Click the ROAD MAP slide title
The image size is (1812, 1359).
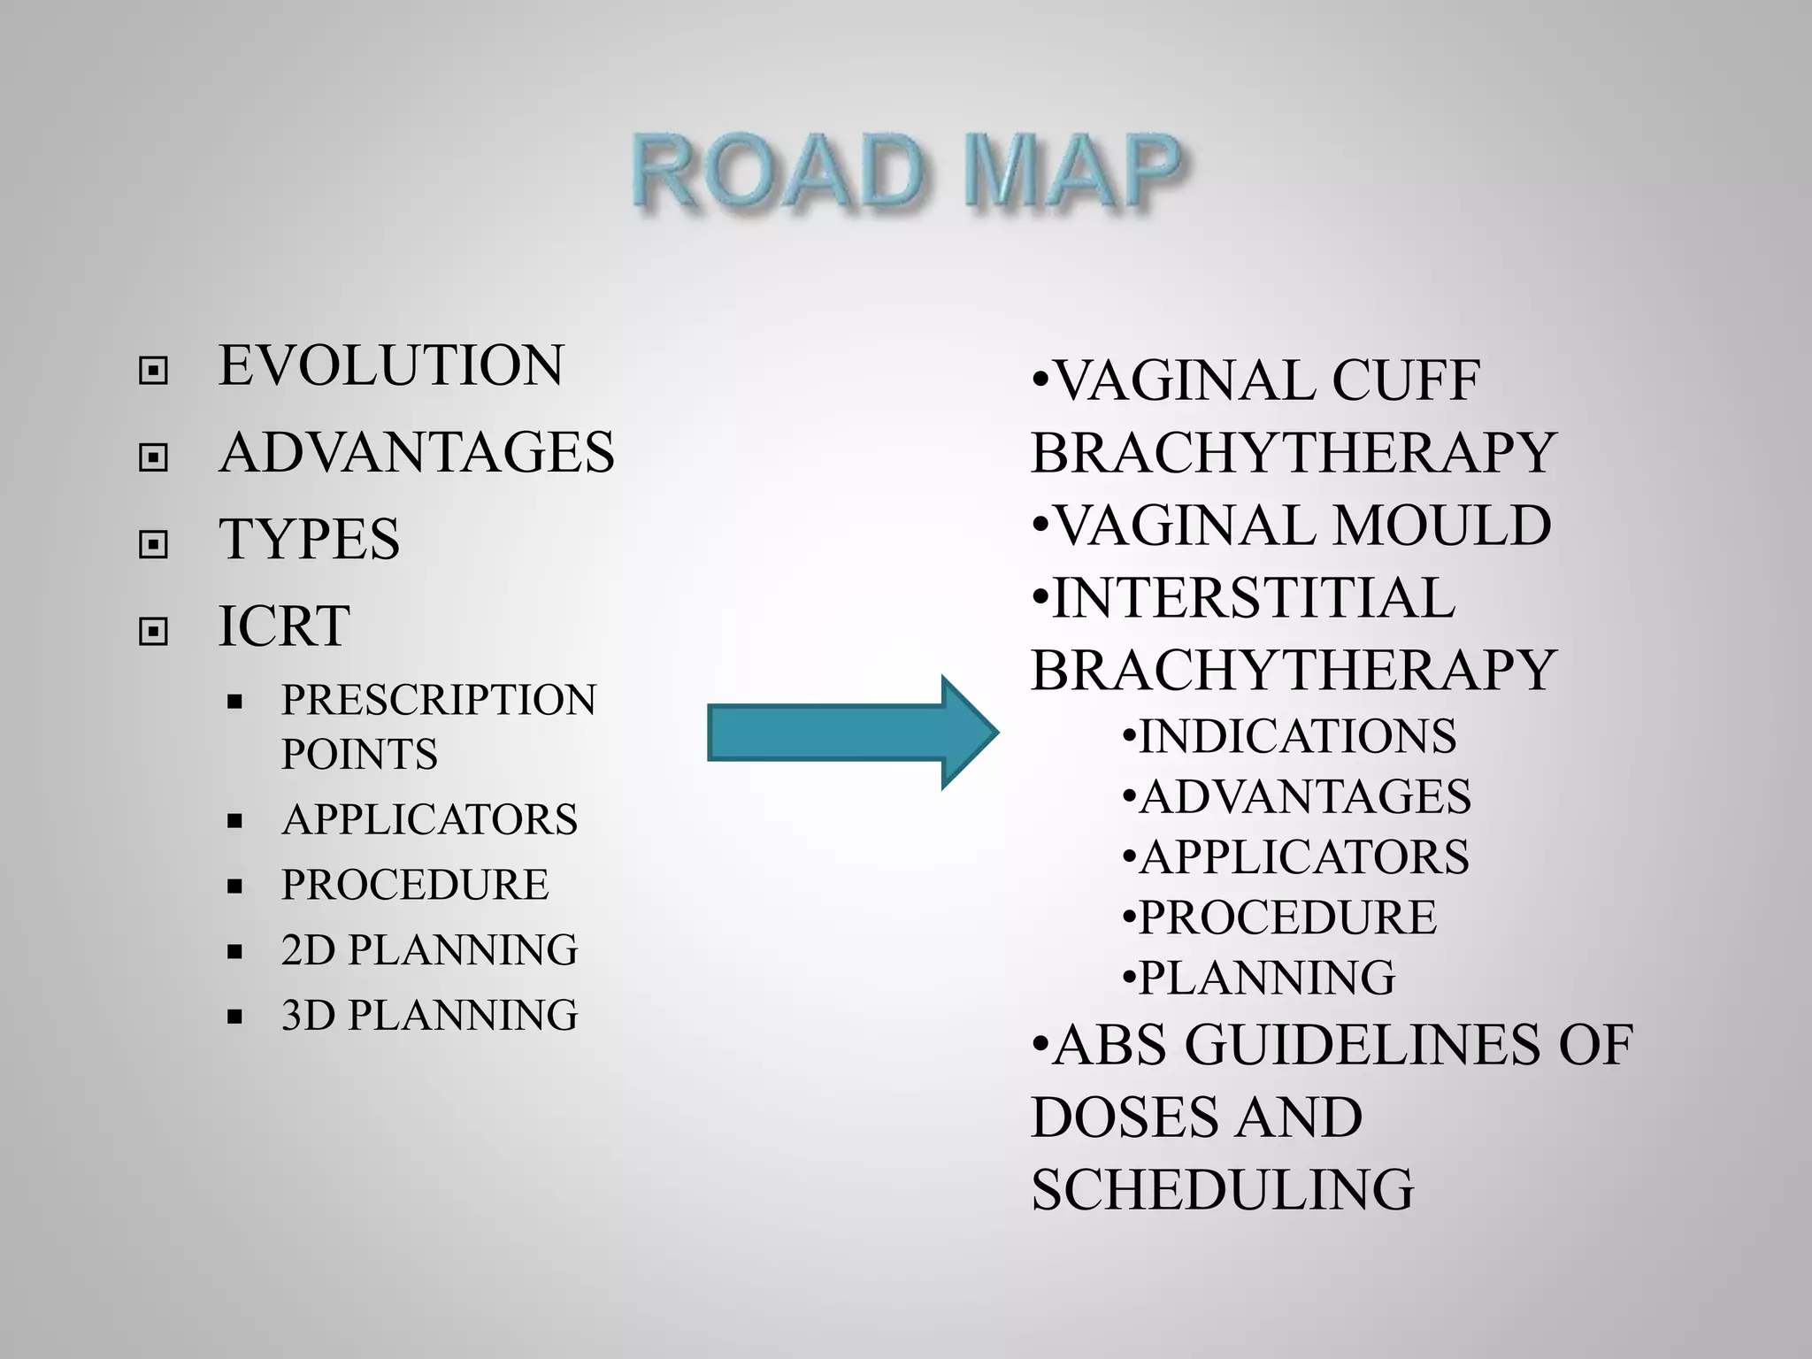click(x=906, y=174)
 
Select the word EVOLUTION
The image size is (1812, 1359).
click(x=390, y=365)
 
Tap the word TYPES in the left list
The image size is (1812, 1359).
click(x=309, y=539)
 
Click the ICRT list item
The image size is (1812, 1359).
click(x=284, y=626)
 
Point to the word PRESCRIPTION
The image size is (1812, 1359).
click(x=439, y=700)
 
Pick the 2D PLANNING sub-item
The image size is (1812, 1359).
click(x=429, y=949)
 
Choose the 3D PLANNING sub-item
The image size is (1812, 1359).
click(x=429, y=1015)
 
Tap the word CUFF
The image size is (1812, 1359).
click(x=1405, y=381)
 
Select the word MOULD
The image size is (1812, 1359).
click(x=1441, y=526)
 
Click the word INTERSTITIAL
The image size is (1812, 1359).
click(x=1253, y=598)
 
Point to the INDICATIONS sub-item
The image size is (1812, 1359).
click(x=1296, y=736)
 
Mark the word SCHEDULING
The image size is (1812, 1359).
click(x=1223, y=1189)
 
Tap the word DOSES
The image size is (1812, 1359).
click(x=1118, y=1117)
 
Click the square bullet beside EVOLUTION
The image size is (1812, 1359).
click(x=153, y=371)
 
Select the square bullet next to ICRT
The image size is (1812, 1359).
click(x=153, y=631)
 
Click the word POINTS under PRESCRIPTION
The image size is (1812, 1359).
click(x=359, y=755)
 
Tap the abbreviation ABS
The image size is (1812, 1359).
click(x=1110, y=1045)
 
